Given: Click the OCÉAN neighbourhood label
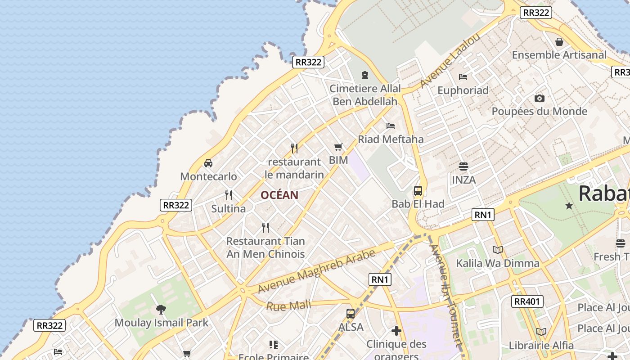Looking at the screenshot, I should (279, 195).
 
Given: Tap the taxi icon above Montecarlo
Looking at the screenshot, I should (208, 163).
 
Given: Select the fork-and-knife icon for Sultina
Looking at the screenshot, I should (229, 195).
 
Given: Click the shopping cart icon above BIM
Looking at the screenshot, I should (338, 147).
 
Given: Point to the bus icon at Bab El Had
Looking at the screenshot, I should (418, 191).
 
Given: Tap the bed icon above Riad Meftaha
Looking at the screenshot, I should (391, 126).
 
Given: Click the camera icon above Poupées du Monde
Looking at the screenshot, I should (539, 98).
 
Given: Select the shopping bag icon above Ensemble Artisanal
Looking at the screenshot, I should (559, 42).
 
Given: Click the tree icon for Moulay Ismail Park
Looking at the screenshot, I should (161, 309).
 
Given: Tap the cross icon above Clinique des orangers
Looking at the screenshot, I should (396, 331).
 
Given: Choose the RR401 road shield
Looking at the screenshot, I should (527, 301).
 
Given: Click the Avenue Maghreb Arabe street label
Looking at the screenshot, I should (316, 271).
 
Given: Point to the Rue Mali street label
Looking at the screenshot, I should (288, 306).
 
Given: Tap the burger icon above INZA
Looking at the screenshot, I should (463, 166).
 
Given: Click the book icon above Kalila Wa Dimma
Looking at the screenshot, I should (497, 250).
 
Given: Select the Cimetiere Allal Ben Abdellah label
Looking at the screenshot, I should (365, 95).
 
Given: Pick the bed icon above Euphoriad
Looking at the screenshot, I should (463, 77).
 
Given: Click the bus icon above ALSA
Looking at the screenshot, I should (351, 314).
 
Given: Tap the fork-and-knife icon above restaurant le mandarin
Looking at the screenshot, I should (294, 148).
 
